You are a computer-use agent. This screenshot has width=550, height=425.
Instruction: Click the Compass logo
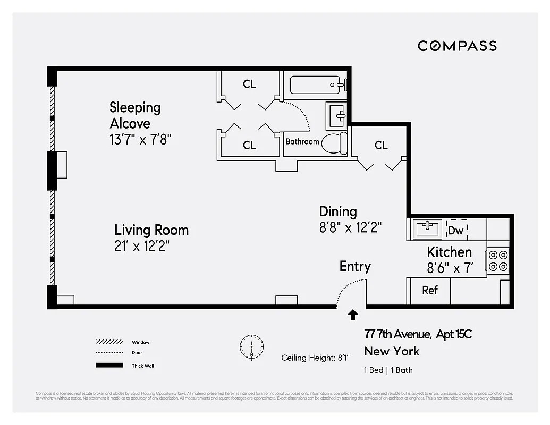(457, 46)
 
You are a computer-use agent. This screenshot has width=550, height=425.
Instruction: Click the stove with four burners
(498, 260)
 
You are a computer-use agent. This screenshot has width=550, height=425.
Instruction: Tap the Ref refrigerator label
(429, 290)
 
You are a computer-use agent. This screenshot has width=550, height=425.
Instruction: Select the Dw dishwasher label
(455, 231)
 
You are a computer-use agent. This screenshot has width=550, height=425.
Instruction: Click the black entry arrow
(352, 315)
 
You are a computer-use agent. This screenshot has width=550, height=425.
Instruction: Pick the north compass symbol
(251, 346)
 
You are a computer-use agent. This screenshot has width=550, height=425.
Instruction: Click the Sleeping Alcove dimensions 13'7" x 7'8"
(140, 140)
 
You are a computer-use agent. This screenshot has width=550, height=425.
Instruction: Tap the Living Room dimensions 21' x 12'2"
(142, 246)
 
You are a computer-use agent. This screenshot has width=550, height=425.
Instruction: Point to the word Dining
(338, 211)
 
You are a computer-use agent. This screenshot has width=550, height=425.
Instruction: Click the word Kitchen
(449, 252)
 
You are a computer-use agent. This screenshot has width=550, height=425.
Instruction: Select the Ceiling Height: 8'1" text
(315, 358)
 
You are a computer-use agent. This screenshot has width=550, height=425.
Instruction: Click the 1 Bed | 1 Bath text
(388, 370)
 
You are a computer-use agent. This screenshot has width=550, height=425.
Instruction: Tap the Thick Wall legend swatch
(109, 365)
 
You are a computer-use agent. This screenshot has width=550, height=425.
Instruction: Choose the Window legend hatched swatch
(109, 342)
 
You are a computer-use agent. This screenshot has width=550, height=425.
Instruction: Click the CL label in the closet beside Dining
(381, 145)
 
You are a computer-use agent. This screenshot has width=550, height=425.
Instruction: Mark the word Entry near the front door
(355, 266)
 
